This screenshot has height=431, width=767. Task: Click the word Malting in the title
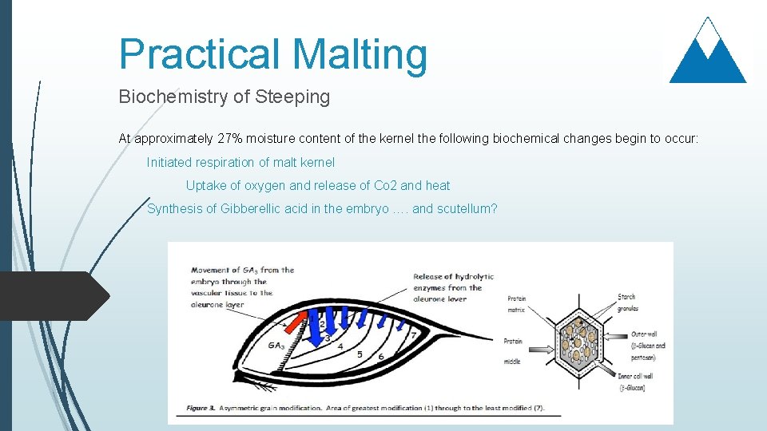tap(360, 54)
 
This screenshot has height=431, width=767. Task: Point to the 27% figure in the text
tap(232, 139)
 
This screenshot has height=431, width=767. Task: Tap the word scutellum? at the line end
tap(467, 209)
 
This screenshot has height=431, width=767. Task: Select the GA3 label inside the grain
tap(276, 346)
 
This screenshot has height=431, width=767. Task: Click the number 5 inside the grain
tap(360, 354)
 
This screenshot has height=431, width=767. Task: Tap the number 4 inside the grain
tap(340, 347)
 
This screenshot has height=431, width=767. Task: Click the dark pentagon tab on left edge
tap(52, 296)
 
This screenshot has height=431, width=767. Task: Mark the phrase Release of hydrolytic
tap(453, 277)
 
